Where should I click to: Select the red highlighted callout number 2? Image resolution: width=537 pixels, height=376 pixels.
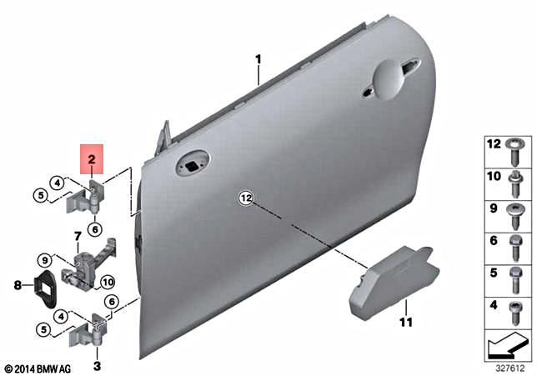92,157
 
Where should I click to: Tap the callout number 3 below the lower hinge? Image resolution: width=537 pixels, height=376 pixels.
98,365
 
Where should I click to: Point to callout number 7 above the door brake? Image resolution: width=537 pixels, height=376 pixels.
78,237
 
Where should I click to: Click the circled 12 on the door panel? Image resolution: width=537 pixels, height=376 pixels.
245,198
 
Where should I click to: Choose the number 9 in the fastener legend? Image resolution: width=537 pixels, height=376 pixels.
493,209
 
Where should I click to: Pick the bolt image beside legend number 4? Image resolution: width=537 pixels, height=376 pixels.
515,308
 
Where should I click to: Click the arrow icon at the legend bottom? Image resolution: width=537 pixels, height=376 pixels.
507,342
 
